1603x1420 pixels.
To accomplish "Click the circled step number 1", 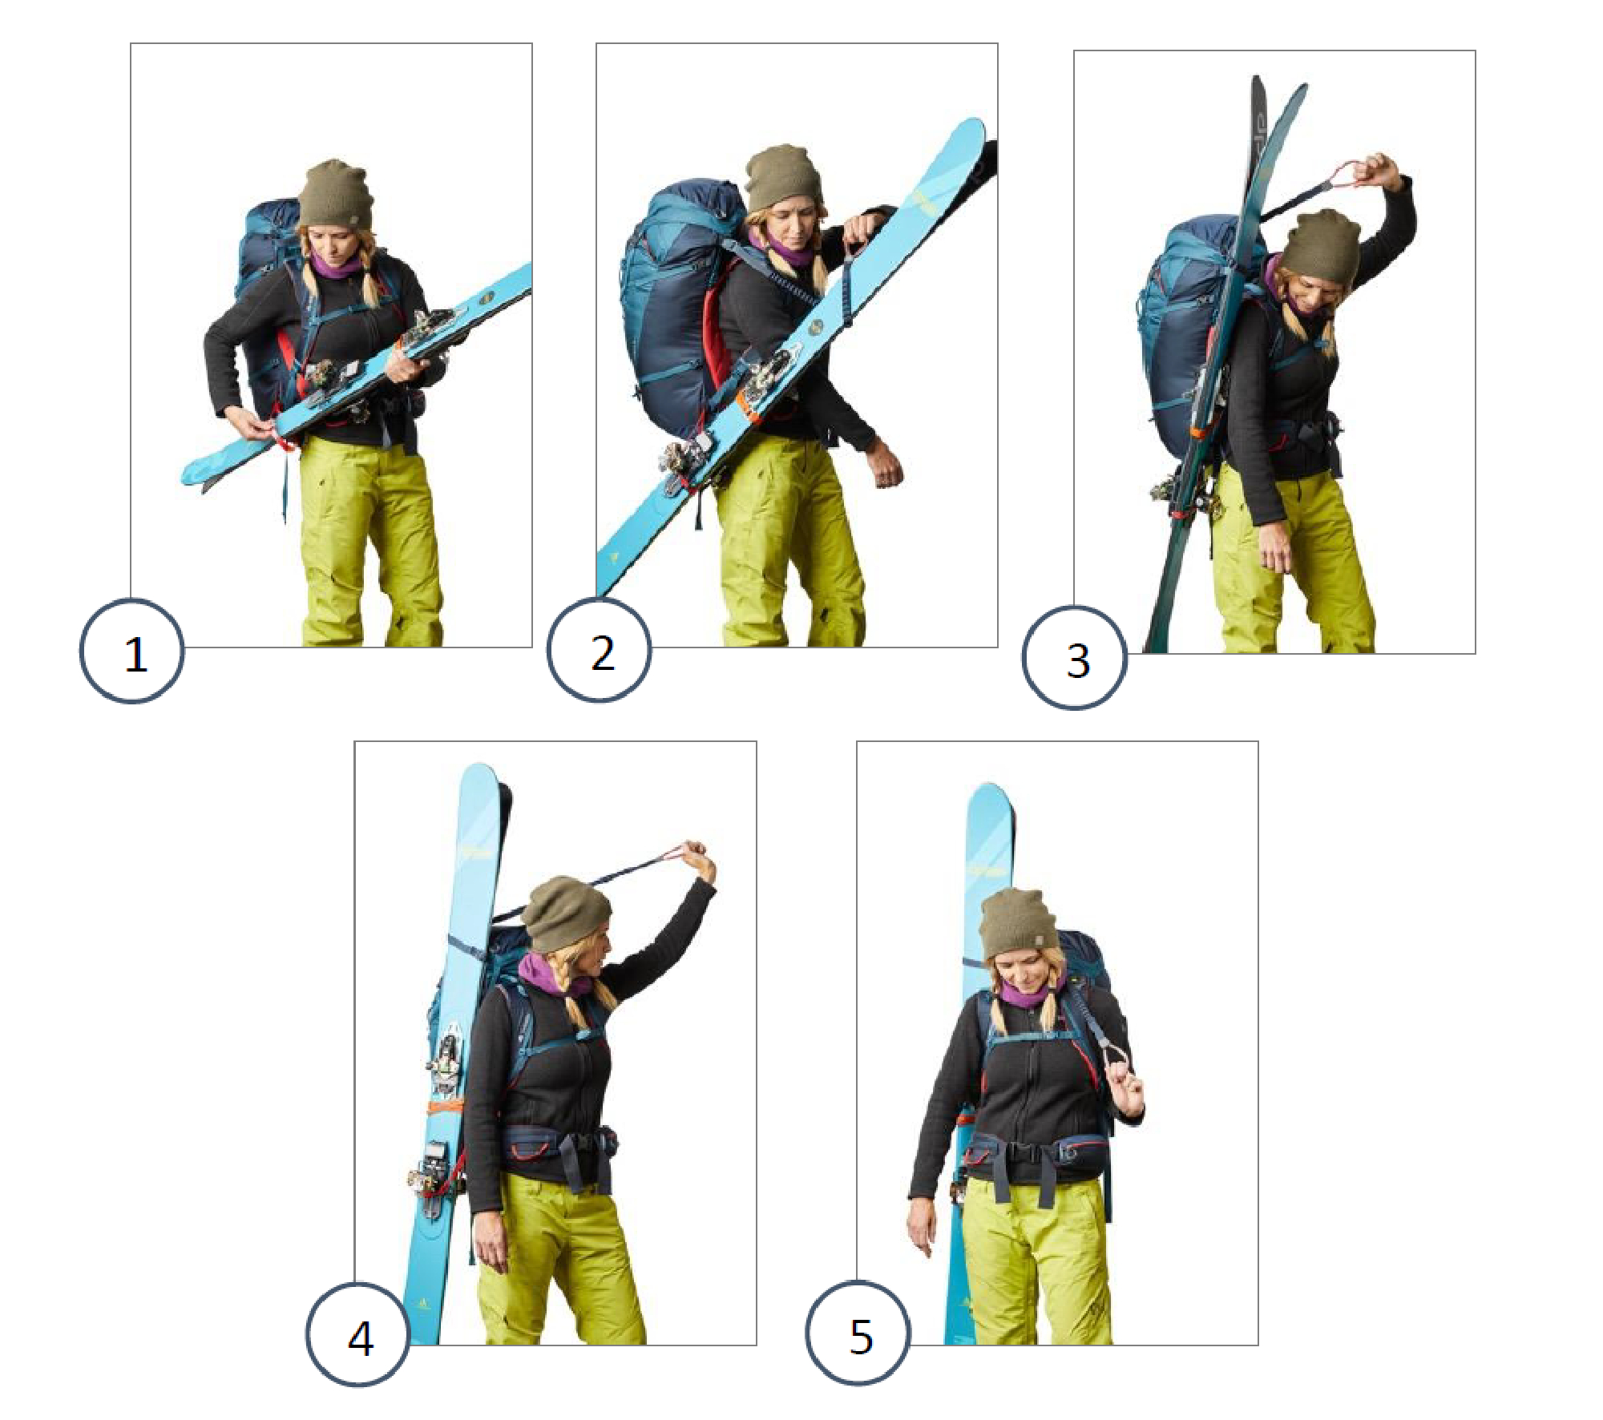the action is tap(132, 652).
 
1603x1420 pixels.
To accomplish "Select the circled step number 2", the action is tap(600, 650).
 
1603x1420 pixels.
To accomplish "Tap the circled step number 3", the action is tap(1075, 657).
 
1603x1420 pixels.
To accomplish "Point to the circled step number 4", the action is tap(358, 1335).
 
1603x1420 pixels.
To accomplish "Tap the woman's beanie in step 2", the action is tap(785, 178).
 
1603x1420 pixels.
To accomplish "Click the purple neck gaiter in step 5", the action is tap(1026, 993).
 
